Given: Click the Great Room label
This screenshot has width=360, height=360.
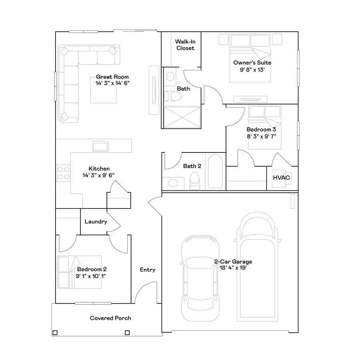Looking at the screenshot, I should pos(112,77).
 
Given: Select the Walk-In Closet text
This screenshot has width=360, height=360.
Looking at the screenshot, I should pos(184,45).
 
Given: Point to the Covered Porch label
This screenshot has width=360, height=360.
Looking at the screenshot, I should pos(110,318).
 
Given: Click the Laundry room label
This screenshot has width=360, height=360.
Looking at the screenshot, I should pos(96,221).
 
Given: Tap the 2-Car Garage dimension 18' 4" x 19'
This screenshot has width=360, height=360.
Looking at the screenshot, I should pos(233,268).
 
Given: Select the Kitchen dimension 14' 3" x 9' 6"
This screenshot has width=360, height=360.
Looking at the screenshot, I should pos(99,175).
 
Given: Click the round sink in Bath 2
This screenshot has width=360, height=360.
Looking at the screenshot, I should pos(173,183).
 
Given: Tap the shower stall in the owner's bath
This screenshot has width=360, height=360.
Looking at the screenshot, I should pos(182,117).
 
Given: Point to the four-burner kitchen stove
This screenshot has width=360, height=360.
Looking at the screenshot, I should pos(63,173).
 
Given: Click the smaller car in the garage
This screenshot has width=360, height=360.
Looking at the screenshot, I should pos(200,276).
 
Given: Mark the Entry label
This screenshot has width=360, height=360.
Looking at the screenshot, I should pos(147,270).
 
